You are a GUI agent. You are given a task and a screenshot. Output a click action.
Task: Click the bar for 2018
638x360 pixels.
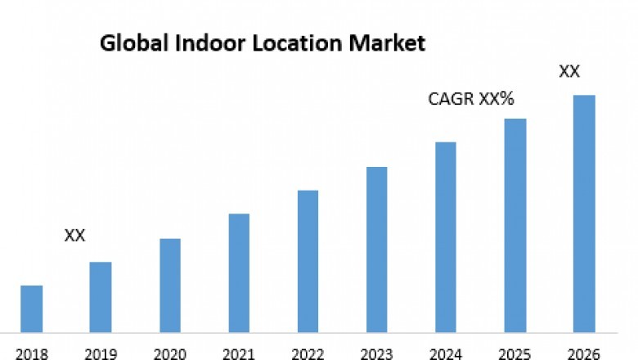click(x=31, y=308)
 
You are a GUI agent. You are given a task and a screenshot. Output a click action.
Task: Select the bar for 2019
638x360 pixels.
click(x=101, y=297)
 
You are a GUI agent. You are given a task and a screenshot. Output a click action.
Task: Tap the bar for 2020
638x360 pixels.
click(x=170, y=285)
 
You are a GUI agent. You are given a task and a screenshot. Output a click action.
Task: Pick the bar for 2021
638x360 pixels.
click(x=239, y=272)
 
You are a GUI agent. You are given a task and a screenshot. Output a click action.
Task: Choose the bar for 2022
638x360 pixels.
click(x=308, y=261)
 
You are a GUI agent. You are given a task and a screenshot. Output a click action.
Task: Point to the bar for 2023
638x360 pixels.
click(x=376, y=250)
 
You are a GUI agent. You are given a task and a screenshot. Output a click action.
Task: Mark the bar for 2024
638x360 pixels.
click(x=446, y=237)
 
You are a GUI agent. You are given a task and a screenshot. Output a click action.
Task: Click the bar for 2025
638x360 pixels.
click(x=514, y=225)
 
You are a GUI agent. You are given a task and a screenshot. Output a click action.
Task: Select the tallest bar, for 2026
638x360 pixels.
click(x=583, y=214)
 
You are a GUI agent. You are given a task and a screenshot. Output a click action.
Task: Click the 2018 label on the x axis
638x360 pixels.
click(x=31, y=353)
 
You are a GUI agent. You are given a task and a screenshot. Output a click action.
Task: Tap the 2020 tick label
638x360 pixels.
click(x=170, y=353)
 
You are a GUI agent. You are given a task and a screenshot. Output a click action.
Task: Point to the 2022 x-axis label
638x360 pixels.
click(x=308, y=353)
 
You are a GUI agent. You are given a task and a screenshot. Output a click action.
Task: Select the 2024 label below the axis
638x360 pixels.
click(x=446, y=353)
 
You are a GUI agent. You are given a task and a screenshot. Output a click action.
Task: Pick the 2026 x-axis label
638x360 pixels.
click(x=583, y=353)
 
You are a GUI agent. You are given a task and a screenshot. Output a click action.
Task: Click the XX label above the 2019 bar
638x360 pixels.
click(x=74, y=236)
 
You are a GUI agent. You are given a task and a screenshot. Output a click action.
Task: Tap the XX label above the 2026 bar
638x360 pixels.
click(x=569, y=72)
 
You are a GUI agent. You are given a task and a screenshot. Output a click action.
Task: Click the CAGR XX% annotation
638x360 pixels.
click(x=471, y=99)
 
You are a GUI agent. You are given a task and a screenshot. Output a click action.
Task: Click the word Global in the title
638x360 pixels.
click(x=128, y=43)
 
